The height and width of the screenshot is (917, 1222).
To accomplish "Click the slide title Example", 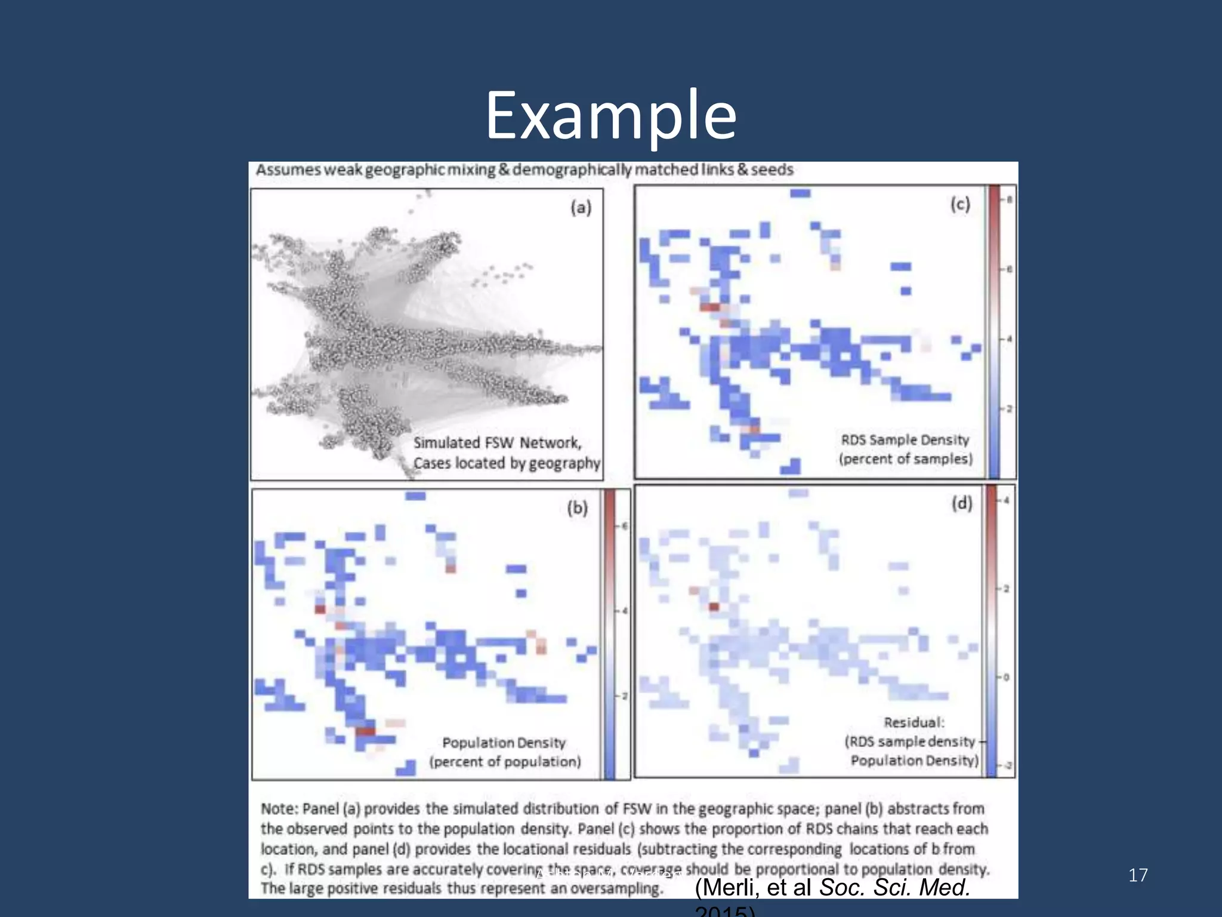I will coord(610,115).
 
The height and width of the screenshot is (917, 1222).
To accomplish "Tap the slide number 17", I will coord(1138,875).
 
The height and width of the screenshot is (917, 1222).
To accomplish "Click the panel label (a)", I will coord(581,208).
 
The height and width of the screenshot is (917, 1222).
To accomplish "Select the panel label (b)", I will coord(577,508).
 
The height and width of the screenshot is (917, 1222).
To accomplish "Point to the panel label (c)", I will coord(960,205).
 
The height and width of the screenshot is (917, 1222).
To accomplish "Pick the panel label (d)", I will coord(961,503).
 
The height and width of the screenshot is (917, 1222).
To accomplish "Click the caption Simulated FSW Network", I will coord(497,443).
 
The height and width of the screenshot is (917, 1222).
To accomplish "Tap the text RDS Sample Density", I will coord(905,440).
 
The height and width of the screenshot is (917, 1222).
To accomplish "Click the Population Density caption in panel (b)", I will coord(504,743).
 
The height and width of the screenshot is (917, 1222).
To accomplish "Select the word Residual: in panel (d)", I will coord(914,722).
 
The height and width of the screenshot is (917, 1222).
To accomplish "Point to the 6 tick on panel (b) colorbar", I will coord(625,526).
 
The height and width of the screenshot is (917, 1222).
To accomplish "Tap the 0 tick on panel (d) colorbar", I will coord(1006,678).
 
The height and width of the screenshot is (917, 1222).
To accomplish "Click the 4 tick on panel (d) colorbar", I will coord(1007,500).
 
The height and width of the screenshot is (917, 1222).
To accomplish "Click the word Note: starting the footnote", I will coord(279,809).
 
